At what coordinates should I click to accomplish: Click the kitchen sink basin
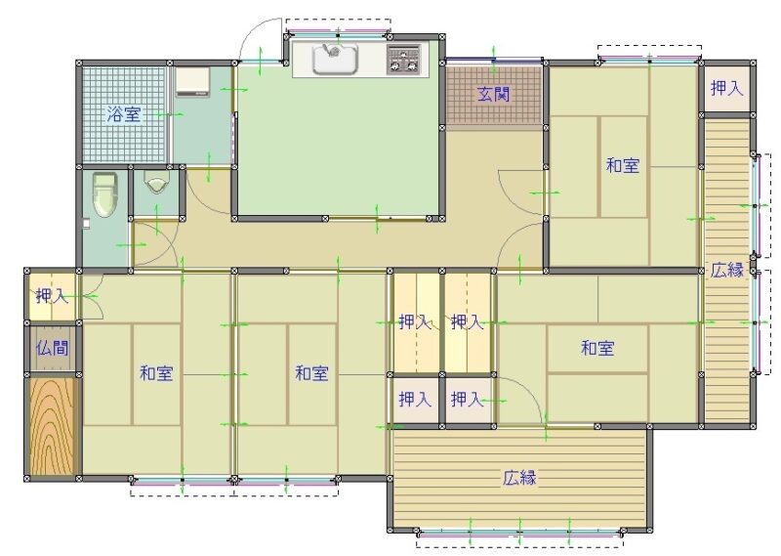[x=335, y=60]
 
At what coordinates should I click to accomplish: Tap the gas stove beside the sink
[x=403, y=60]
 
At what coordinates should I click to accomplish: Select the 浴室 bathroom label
[x=124, y=114]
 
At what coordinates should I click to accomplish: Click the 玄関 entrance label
[x=494, y=94]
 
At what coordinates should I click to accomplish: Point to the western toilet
[x=105, y=194]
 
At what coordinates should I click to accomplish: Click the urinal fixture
[x=156, y=182]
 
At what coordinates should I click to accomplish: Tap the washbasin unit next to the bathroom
[x=192, y=82]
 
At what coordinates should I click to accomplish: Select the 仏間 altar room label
[x=53, y=348]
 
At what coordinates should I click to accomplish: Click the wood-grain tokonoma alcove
[x=53, y=426]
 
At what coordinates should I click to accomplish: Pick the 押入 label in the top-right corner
[x=726, y=88]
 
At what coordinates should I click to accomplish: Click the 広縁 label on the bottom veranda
[x=519, y=478]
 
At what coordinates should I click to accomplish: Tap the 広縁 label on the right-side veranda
[x=726, y=270]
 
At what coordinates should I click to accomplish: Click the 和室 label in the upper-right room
[x=623, y=165]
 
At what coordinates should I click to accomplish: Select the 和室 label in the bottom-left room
[x=156, y=373]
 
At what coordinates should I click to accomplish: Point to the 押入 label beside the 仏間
[x=52, y=296]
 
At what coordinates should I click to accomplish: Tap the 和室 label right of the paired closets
[x=597, y=348]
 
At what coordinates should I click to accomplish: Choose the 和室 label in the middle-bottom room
[x=311, y=373]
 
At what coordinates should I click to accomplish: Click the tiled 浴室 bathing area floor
[x=124, y=114]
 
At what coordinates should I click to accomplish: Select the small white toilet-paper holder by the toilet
[x=86, y=224]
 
